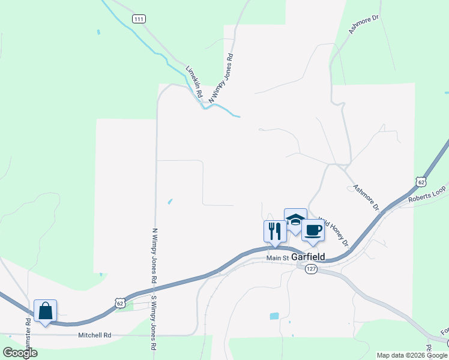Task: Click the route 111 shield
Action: pos(139,19)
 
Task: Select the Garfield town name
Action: pos(309,257)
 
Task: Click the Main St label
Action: pos(278,258)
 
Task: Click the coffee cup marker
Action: pos(313,229)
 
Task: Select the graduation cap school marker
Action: pos(295,220)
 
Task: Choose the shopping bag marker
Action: pos(45,310)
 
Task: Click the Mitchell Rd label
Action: pos(95,335)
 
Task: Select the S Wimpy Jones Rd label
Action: pos(154,322)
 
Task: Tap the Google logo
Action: pos(20,353)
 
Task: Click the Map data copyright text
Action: pos(412,355)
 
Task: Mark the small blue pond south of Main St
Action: pos(274,316)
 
